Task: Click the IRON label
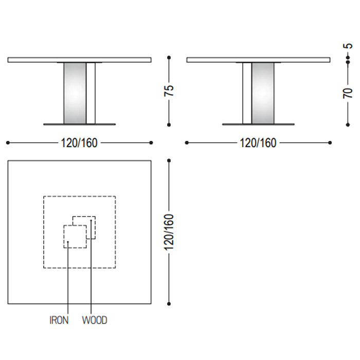(x=59, y=320)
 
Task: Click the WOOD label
(x=95, y=320)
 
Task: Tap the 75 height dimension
(x=169, y=91)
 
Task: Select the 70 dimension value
(x=348, y=93)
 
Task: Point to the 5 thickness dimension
(x=348, y=46)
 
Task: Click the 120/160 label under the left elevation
(x=79, y=143)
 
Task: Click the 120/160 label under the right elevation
(x=258, y=143)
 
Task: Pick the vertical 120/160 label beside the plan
(x=169, y=232)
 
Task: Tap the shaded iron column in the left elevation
(x=75, y=93)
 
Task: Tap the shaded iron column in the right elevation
(x=263, y=93)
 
